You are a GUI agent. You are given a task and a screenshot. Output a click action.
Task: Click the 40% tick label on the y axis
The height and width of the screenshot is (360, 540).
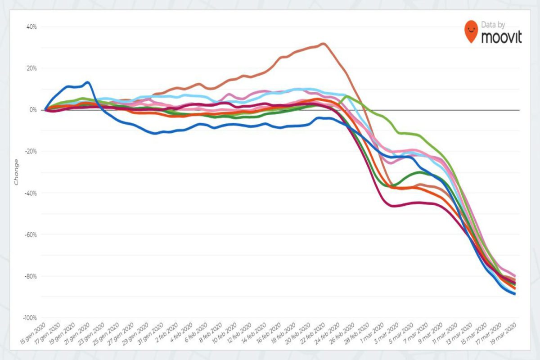(x=31, y=27)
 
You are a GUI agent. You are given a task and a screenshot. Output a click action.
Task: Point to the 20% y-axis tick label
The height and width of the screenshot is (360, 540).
(x=31, y=68)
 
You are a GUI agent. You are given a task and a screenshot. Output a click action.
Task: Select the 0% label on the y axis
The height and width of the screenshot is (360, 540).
(x=33, y=110)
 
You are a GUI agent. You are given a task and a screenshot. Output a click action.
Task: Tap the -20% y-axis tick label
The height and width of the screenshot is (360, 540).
(x=30, y=152)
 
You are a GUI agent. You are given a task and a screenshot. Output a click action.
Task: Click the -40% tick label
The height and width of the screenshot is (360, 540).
(x=30, y=193)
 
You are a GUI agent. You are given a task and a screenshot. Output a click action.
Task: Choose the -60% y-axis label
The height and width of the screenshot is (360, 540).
(x=30, y=234)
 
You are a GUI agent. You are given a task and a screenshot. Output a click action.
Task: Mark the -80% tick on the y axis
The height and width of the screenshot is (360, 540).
(x=30, y=276)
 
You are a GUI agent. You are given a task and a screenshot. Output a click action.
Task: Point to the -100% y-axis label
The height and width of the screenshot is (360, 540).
(x=29, y=318)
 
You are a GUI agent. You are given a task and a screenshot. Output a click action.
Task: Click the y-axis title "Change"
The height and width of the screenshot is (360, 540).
(x=17, y=171)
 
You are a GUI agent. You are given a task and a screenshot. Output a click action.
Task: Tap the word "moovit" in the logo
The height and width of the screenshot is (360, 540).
(x=501, y=37)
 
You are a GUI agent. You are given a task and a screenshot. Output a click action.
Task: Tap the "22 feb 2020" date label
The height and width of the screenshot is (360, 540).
(x=313, y=333)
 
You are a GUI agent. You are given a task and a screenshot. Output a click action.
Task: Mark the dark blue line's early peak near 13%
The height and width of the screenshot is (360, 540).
(x=88, y=82)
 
